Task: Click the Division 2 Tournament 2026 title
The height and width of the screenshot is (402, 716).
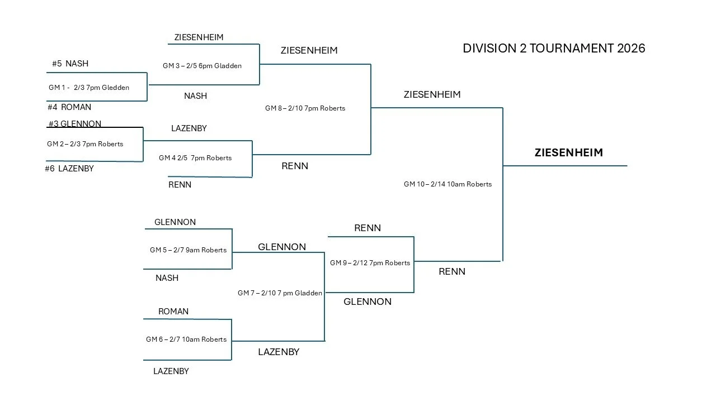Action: click(x=554, y=48)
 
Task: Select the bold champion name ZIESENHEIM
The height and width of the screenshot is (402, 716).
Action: click(x=568, y=152)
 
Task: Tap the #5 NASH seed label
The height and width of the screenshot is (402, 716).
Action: click(x=70, y=64)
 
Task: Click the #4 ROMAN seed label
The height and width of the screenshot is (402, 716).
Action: click(x=69, y=107)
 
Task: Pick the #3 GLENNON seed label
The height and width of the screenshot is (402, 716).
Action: click(x=74, y=124)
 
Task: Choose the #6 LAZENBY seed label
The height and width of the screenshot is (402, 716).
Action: click(x=69, y=169)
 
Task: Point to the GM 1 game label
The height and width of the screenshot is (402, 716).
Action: click(x=89, y=88)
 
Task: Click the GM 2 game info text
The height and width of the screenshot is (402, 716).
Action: click(x=85, y=144)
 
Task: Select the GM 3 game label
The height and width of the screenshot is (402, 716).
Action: click(x=202, y=66)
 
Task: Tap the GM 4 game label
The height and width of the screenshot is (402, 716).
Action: click(x=195, y=158)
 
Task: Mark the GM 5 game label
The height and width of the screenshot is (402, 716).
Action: click(x=188, y=250)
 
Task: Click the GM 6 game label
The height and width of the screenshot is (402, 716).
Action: click(x=186, y=339)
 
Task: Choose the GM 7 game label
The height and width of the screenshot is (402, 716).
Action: click(x=280, y=293)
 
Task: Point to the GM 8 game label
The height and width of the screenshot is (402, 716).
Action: click(x=305, y=108)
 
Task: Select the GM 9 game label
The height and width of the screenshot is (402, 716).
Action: click(x=370, y=263)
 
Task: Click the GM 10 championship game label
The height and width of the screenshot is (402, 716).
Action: click(x=447, y=184)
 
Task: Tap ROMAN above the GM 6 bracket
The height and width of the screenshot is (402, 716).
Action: click(x=173, y=312)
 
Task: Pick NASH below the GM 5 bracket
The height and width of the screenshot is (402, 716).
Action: click(x=167, y=278)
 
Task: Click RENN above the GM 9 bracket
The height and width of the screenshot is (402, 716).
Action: click(x=368, y=228)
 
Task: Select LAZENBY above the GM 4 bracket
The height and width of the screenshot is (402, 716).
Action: click(x=189, y=128)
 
